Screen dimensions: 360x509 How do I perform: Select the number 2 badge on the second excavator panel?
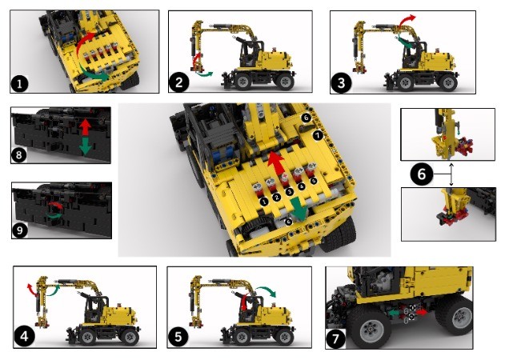178,82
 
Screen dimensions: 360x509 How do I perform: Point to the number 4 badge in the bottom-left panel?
26,337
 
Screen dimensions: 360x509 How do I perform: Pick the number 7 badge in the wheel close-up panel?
336,338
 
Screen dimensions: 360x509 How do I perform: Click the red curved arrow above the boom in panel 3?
410,18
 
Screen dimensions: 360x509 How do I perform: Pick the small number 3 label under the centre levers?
289,193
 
